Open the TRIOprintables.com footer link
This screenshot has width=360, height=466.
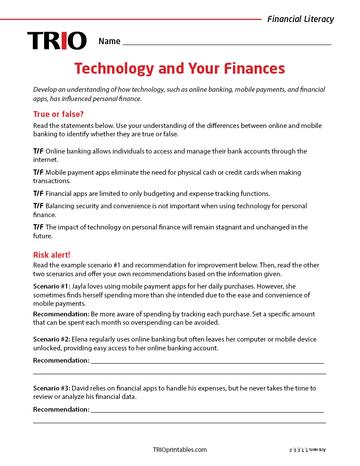(180, 450)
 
